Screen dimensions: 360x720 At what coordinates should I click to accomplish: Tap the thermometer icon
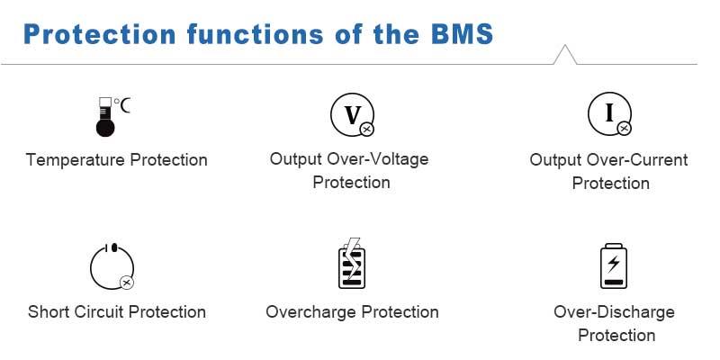tap(107, 117)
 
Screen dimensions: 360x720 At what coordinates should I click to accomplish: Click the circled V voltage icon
tap(351, 114)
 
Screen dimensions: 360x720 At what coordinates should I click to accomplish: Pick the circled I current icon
tap(609, 113)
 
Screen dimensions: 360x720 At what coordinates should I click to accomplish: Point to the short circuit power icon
tap(112, 266)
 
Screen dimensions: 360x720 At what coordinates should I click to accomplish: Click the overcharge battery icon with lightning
tap(351, 264)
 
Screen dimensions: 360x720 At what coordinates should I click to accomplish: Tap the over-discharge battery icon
tap(614, 265)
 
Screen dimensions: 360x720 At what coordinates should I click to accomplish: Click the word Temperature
tap(76, 160)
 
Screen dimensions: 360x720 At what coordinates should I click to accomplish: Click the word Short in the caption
tap(49, 312)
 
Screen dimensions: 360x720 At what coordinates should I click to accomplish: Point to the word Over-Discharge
tap(614, 312)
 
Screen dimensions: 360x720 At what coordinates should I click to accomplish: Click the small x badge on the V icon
tap(366, 130)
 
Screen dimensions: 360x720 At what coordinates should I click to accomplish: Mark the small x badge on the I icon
tap(624, 129)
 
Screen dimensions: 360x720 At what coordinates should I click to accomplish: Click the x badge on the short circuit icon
tap(127, 283)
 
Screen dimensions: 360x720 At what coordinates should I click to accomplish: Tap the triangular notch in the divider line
tap(565, 55)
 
